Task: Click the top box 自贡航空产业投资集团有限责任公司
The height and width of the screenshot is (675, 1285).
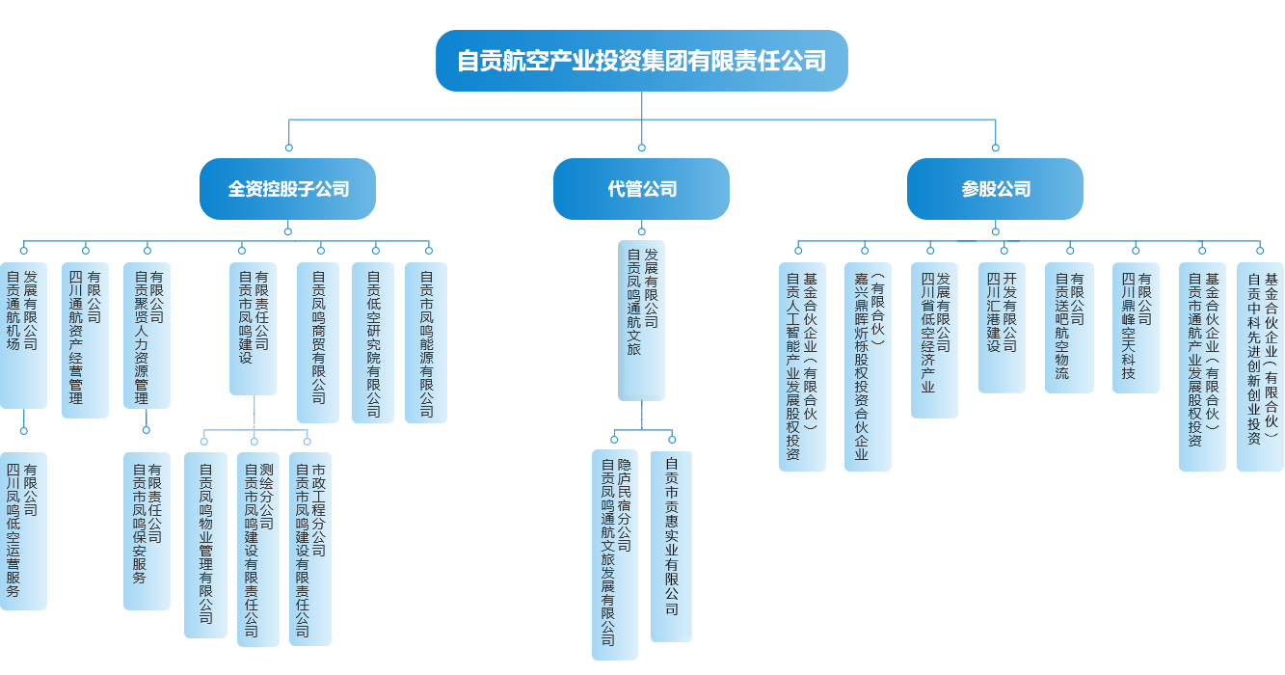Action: (641, 61)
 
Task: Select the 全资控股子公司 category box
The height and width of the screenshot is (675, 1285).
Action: (288, 189)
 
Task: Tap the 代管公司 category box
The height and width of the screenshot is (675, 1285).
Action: (642, 189)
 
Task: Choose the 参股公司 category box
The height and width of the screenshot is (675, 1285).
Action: (996, 189)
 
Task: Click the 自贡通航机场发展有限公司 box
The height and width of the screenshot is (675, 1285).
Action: (22, 334)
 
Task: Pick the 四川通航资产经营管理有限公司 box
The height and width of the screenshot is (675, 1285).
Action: (84, 338)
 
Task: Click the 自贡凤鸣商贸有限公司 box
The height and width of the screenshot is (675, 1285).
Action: (317, 341)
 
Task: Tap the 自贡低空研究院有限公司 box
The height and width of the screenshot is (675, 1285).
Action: (373, 341)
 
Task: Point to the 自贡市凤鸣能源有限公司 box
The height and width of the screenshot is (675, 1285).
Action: (425, 341)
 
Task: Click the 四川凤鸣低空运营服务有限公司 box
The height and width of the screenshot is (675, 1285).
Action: (22, 530)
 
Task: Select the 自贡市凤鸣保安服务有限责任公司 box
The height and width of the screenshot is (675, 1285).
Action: (147, 530)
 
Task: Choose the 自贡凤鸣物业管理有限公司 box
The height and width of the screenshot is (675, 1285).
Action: (205, 544)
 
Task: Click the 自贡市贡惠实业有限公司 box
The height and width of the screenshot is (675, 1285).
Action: (671, 547)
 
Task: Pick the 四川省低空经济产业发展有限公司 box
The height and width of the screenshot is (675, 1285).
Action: (934, 338)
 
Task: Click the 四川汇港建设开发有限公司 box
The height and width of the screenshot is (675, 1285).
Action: (1002, 327)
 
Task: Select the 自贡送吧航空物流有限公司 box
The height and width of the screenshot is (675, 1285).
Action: (1069, 327)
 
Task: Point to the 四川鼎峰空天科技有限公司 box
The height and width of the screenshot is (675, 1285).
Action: (1136, 327)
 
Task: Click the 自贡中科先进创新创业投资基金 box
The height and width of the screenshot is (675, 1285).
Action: (1260, 366)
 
